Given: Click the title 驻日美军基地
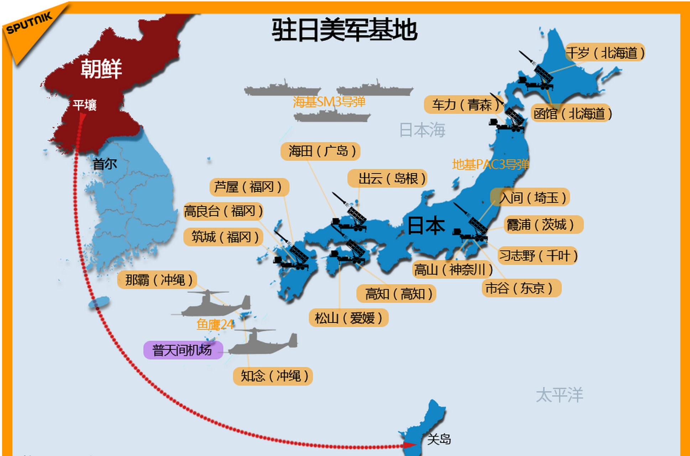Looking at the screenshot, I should (x=344, y=30).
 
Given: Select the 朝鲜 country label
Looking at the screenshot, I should (x=101, y=68).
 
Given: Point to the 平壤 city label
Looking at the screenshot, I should (x=85, y=105).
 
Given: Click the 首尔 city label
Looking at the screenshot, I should (x=105, y=164).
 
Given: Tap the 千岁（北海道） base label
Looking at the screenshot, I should (x=605, y=53).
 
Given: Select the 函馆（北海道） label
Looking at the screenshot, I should (x=572, y=114).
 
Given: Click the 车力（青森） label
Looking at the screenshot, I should (x=463, y=105).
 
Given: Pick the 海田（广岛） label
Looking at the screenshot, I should (x=320, y=151).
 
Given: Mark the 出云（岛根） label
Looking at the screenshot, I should (x=387, y=178).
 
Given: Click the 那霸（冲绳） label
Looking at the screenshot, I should (x=157, y=280).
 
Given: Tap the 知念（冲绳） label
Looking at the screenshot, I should (x=273, y=376).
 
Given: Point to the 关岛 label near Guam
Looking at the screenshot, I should (x=439, y=439).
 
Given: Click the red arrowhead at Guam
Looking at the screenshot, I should (x=409, y=445).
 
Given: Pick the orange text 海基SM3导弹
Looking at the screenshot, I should (x=329, y=102).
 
